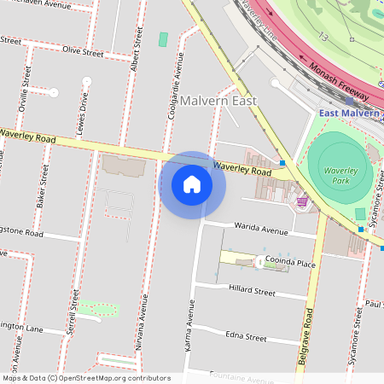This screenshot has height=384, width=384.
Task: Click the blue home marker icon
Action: tap(192, 184)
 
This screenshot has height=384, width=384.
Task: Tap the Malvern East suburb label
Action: tap(219, 101)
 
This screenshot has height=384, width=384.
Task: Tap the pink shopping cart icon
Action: tap(302, 201)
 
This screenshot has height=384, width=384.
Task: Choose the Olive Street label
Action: tap(83, 53)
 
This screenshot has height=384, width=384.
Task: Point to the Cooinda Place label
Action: tap(290, 265)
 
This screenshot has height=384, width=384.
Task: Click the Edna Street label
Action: tap(246, 337)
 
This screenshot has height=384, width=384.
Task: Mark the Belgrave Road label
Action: tap(303, 336)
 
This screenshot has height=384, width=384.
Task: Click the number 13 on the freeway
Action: tap(323, 37)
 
